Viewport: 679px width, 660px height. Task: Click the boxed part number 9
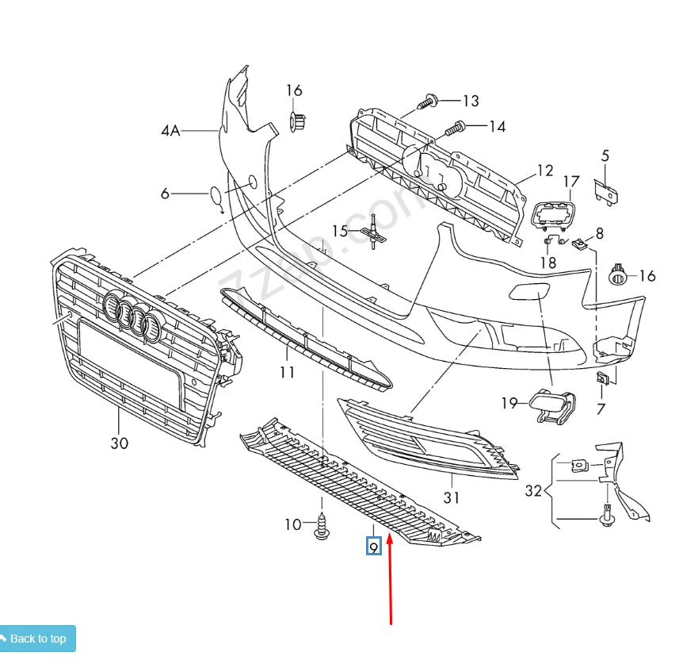click(x=373, y=547)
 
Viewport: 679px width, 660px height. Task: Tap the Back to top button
click(x=37, y=639)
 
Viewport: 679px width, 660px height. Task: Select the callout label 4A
click(x=170, y=130)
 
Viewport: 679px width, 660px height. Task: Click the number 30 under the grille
click(x=119, y=443)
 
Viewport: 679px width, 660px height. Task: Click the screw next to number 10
click(x=322, y=526)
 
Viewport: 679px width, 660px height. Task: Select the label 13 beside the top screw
click(x=471, y=101)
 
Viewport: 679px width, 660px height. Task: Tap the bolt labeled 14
click(x=455, y=126)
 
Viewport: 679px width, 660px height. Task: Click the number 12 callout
click(x=544, y=170)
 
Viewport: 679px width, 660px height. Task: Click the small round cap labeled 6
click(x=216, y=194)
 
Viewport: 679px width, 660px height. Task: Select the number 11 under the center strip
click(x=286, y=372)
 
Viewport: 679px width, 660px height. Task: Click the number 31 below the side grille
click(x=452, y=498)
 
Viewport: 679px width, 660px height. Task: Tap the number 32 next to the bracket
click(x=533, y=491)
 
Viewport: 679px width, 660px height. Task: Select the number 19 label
click(x=509, y=403)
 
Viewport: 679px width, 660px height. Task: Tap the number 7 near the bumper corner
click(x=601, y=409)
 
